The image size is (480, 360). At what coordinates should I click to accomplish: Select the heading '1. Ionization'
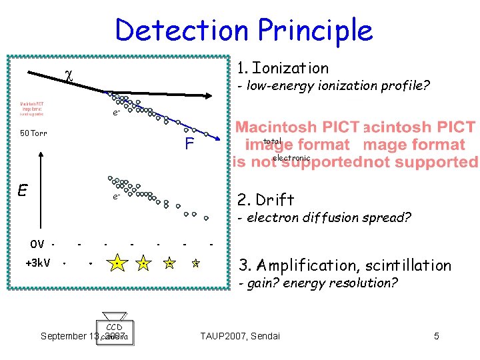point(283,68)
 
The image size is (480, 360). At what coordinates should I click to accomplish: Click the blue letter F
point(190,144)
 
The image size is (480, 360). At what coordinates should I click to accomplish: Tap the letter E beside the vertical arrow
point(22,191)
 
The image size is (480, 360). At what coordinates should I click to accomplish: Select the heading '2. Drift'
point(265,200)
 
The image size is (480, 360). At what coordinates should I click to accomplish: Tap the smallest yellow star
point(196,264)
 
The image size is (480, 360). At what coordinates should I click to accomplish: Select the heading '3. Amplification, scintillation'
point(345,265)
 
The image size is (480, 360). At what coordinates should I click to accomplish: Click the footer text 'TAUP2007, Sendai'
point(241,336)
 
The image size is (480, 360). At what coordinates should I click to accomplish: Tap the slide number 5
point(437,336)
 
